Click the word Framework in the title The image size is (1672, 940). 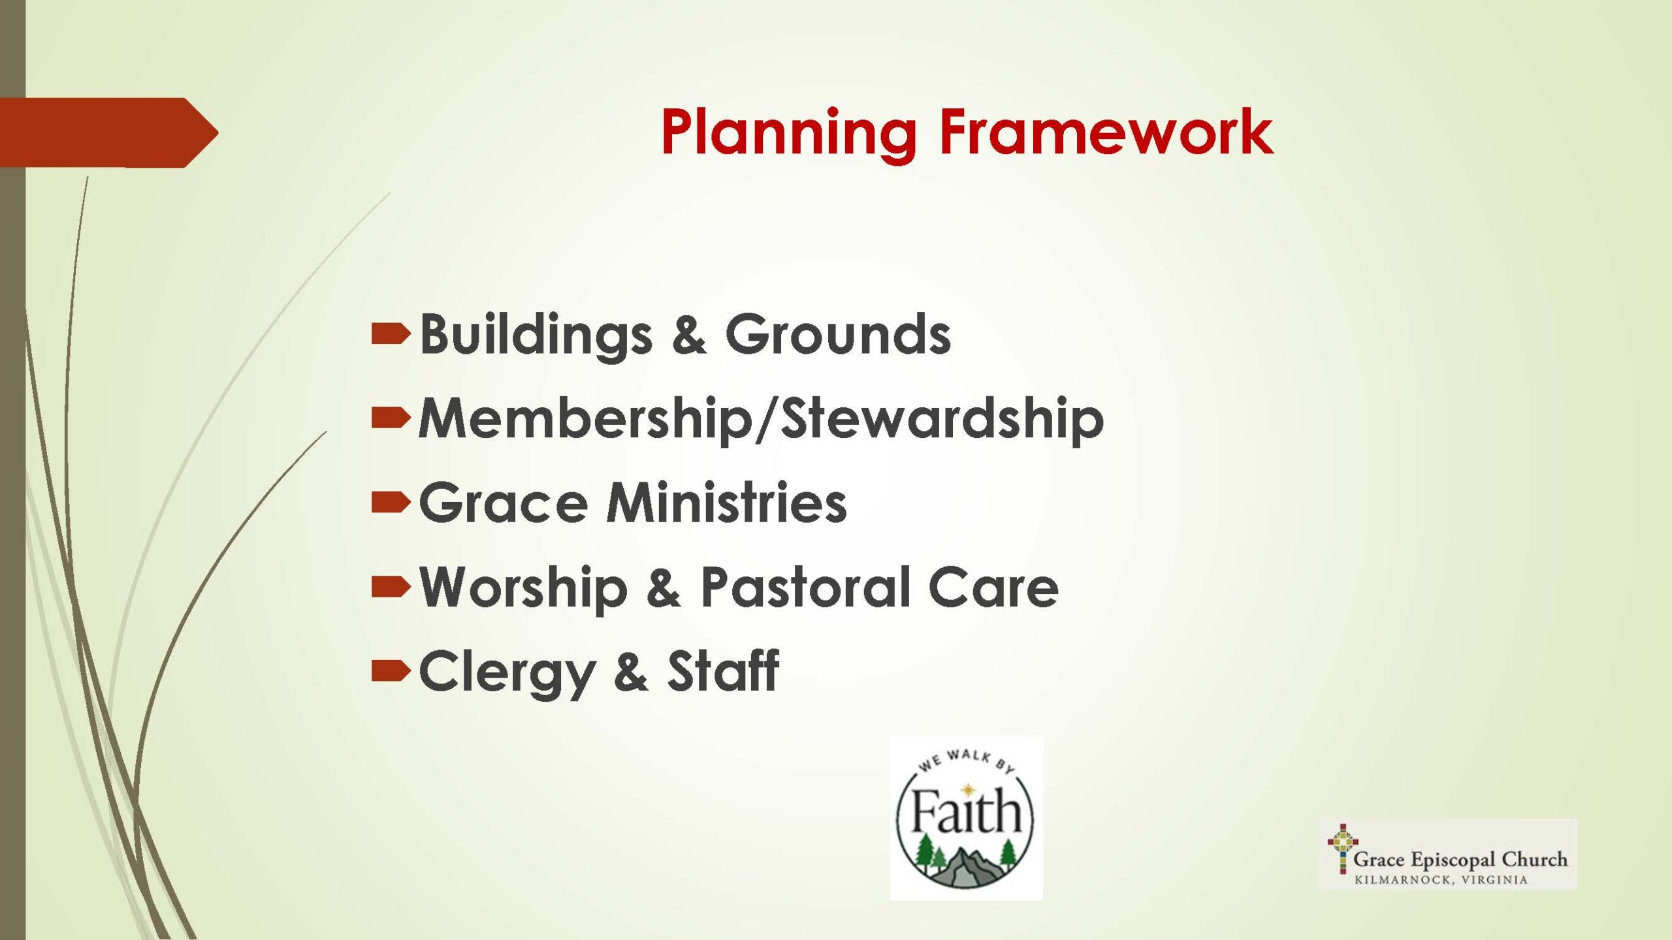click(x=1106, y=132)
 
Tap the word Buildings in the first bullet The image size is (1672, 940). click(x=536, y=336)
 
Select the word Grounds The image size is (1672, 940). click(x=838, y=334)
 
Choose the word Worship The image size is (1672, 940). click(x=523, y=588)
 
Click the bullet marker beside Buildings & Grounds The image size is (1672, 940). click(x=391, y=334)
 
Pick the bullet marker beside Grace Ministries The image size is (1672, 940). click(x=391, y=502)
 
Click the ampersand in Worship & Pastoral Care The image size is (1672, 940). click(x=664, y=587)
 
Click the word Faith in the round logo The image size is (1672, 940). click(x=966, y=810)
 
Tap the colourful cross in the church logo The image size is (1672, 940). click(x=1342, y=848)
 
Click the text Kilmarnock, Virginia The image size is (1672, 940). click(x=1441, y=879)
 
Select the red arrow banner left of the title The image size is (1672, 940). click(x=109, y=133)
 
